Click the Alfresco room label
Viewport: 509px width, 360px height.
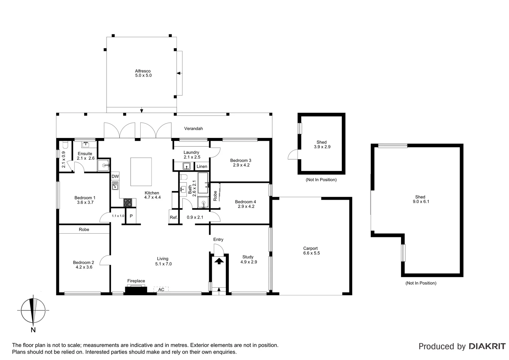point(143,71)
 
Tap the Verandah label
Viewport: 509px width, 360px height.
point(194,129)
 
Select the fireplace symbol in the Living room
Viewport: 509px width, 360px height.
point(136,290)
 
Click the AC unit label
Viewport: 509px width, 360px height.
point(161,290)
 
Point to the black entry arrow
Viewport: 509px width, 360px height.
point(219,261)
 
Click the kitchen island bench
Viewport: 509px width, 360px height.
point(141,172)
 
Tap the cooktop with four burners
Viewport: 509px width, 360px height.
point(128,202)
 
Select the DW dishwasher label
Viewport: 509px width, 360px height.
point(115,176)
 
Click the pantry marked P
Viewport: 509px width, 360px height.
point(131,216)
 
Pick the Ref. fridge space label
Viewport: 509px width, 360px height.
point(174,217)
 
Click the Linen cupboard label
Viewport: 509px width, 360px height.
point(202,166)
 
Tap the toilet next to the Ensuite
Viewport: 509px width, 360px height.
point(65,145)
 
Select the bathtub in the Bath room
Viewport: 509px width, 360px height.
point(203,183)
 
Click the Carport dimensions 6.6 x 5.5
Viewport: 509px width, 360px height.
point(310,253)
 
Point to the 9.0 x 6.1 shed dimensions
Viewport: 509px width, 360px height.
point(420,201)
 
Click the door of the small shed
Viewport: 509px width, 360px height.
point(293,155)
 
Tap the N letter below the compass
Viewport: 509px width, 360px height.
point(33,330)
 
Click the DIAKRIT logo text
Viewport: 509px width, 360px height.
point(487,346)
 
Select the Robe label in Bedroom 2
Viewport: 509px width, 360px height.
point(84,229)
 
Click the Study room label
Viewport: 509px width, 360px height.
point(248,257)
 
